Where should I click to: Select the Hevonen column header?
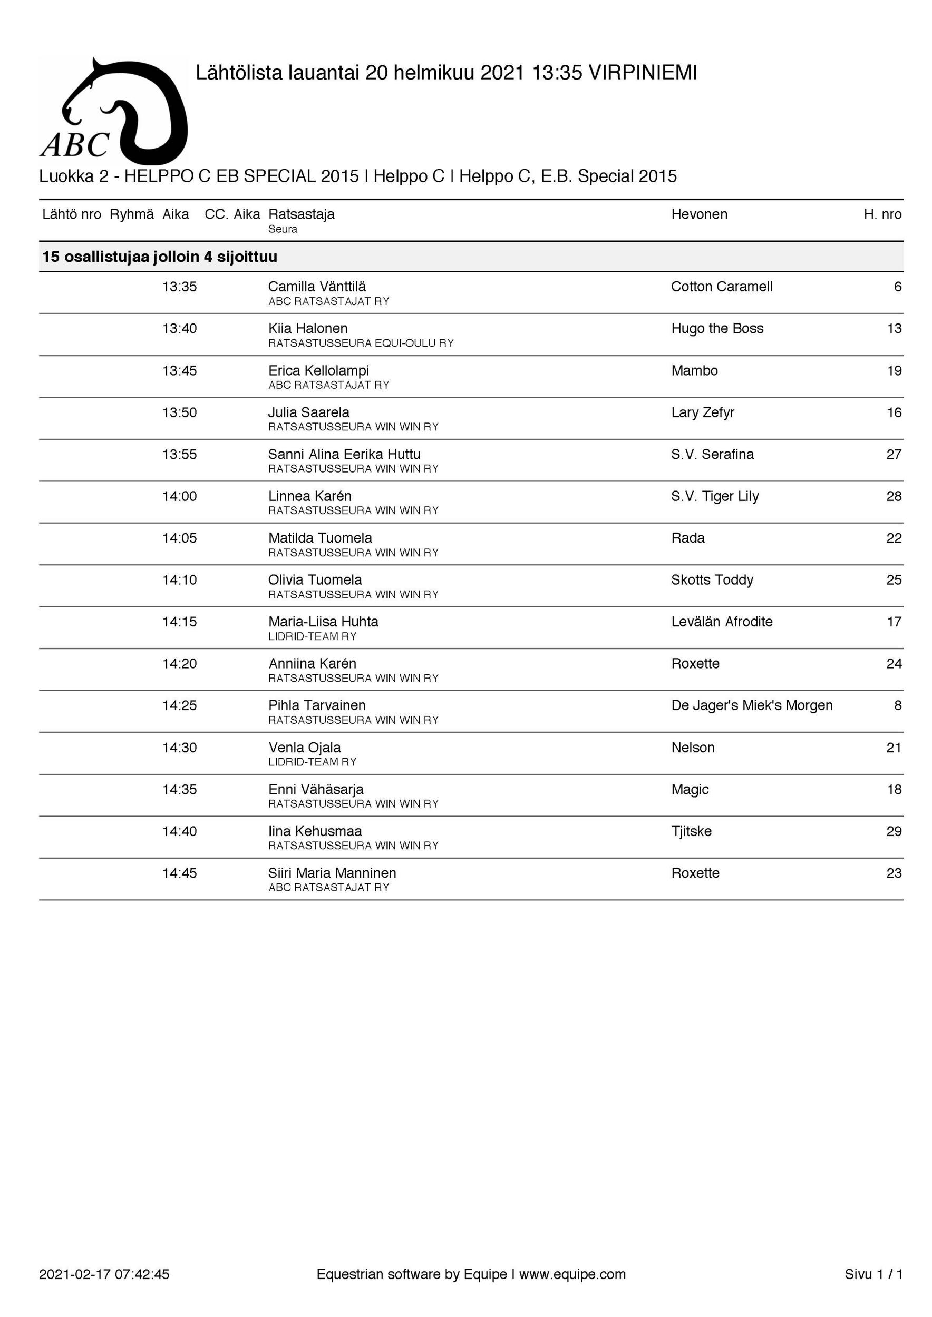point(699,214)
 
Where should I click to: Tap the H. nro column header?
point(882,214)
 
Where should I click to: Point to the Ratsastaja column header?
point(302,214)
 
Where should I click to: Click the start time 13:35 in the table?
point(179,287)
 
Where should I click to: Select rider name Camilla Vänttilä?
point(317,287)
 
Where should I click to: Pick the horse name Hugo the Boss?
point(717,329)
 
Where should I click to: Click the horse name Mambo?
point(694,370)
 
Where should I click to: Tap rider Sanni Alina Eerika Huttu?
point(344,454)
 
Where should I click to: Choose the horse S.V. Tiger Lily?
point(714,496)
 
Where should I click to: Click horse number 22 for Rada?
point(894,538)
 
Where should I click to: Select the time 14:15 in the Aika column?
point(179,622)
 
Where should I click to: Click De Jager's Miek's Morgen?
point(752,705)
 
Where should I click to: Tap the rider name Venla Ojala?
point(305,748)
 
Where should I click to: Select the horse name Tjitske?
point(692,832)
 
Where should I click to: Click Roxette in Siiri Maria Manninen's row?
point(695,873)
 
